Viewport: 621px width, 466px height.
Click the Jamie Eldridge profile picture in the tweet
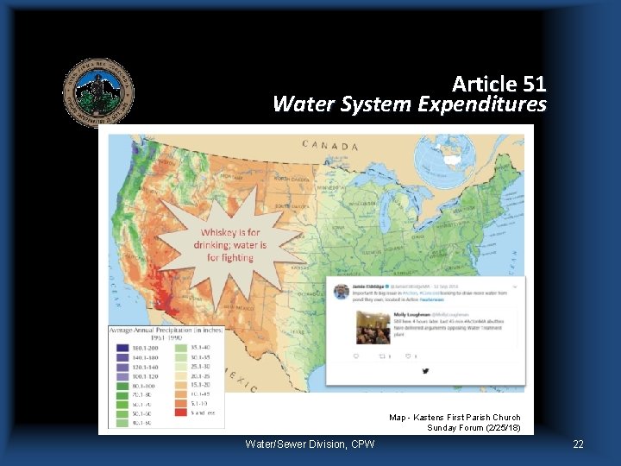342,292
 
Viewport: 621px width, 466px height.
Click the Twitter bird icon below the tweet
426,371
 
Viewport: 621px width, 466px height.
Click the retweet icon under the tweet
381,356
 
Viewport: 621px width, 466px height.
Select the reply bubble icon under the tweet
355,356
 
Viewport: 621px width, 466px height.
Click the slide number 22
578,444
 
